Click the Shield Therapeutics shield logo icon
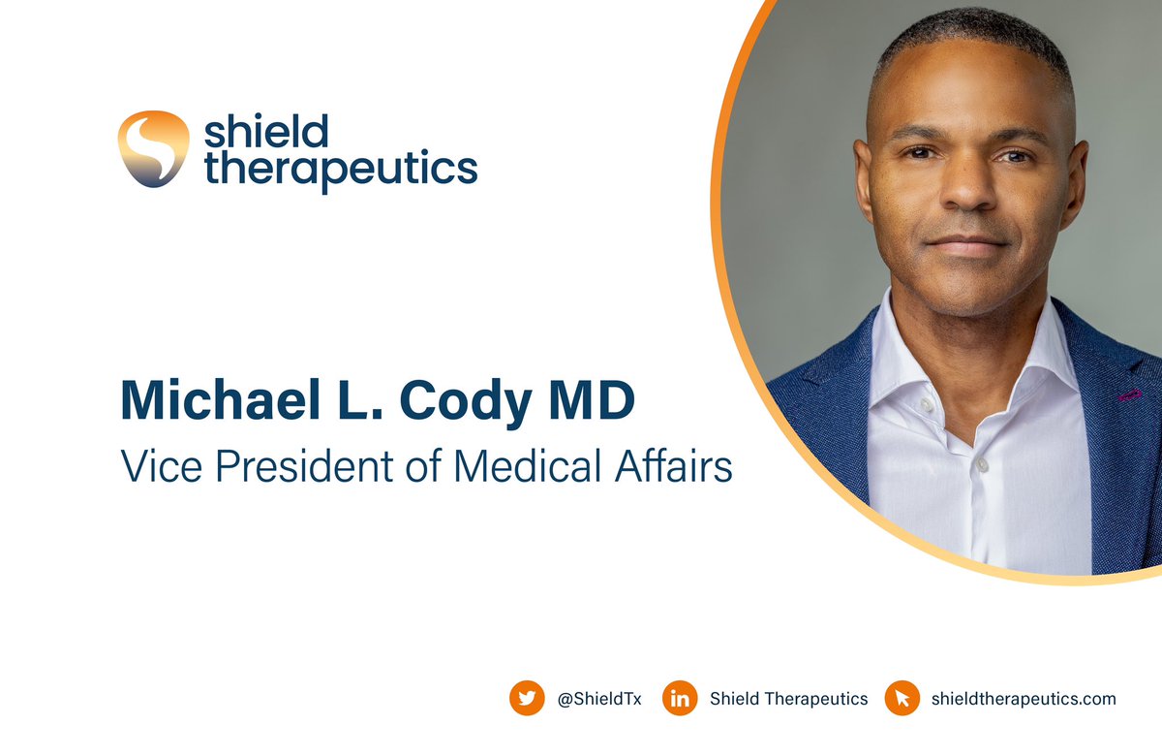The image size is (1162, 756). point(153,148)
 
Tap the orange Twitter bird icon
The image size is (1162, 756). point(527,698)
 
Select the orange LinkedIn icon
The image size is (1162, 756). point(680,698)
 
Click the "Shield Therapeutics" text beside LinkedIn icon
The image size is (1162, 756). point(788,699)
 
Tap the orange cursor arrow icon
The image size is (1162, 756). point(902,698)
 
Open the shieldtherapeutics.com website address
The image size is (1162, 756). point(1023,699)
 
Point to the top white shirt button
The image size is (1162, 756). point(979,465)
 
